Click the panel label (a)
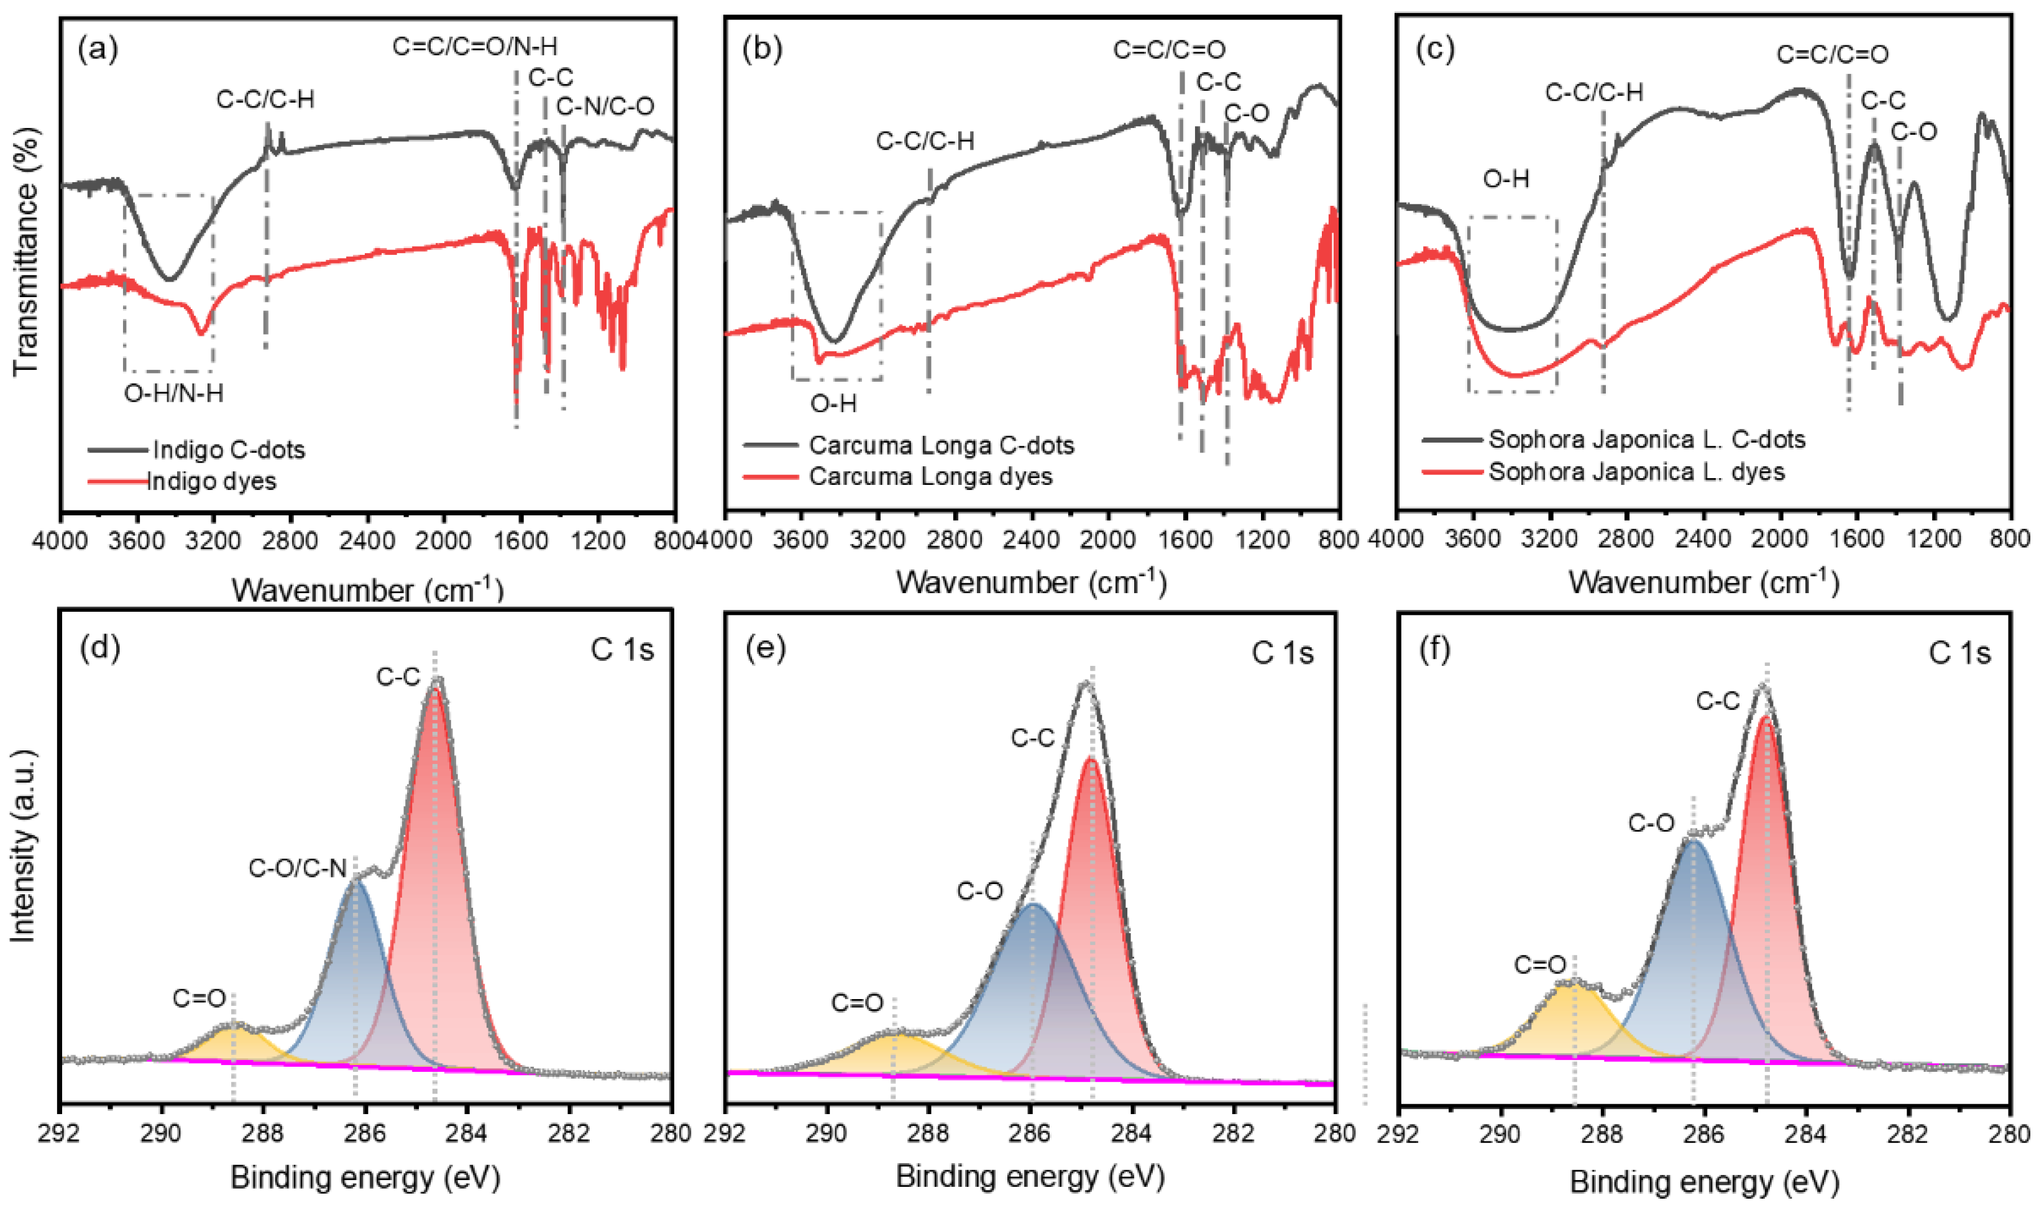pos(97,50)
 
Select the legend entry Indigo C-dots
pos(228,450)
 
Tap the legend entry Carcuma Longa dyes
pos(930,476)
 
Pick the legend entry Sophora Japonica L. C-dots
pos(1647,440)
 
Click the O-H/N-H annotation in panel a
pos(173,394)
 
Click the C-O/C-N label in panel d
pos(298,869)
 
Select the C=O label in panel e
pos(857,1003)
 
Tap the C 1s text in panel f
pos(1959,653)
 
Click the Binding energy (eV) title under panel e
pos(1030,1176)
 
